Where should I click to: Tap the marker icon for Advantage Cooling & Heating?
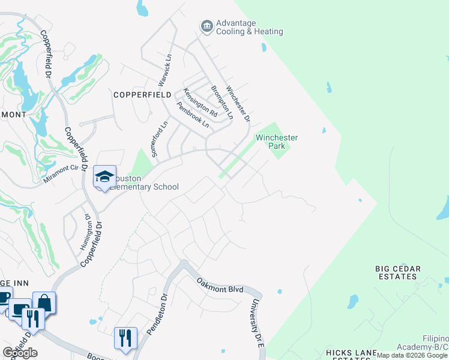pos(207,26)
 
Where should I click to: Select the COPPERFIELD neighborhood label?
pos(143,95)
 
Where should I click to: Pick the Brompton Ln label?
pos(220,100)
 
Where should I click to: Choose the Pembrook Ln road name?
pos(192,115)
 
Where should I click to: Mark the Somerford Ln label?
pos(159,139)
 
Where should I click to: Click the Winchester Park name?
pos(277,142)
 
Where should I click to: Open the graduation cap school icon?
pos(104,176)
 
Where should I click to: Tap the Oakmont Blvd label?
pos(220,284)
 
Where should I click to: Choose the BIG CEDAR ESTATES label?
pos(396,272)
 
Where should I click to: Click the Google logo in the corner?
pos(20,353)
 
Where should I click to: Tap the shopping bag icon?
pos(44,303)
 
